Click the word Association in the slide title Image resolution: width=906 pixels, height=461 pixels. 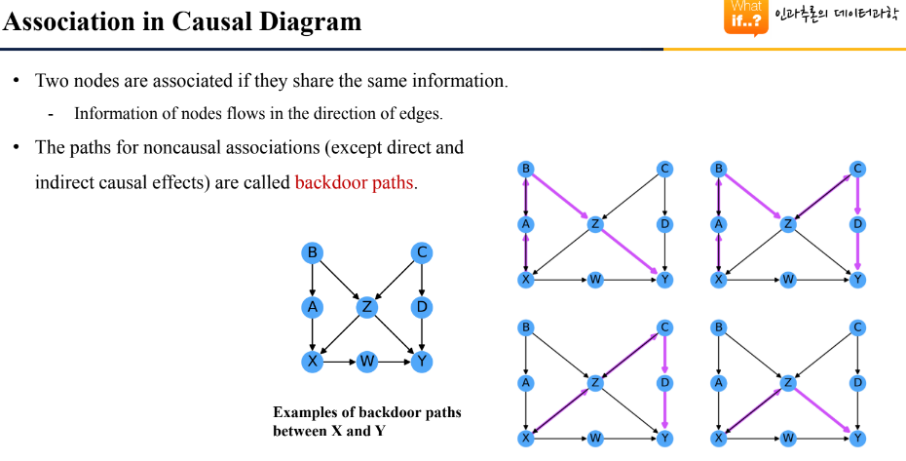62,21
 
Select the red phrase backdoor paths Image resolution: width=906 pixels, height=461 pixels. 355,182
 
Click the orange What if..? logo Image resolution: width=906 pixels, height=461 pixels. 745,18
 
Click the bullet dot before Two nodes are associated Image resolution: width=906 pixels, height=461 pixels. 17,80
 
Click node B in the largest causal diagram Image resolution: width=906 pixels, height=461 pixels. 313,253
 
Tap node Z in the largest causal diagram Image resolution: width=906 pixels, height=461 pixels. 367,308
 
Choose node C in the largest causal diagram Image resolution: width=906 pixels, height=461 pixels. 422,253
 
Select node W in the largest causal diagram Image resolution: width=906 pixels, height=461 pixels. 367,362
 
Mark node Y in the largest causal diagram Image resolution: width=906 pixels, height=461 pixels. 422,362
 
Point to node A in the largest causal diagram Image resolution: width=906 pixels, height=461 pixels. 313,308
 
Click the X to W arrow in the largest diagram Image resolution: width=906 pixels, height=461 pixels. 339,362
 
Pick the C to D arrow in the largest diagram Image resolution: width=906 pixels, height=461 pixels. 422,281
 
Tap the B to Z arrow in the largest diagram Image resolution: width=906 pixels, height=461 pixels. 340,281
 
